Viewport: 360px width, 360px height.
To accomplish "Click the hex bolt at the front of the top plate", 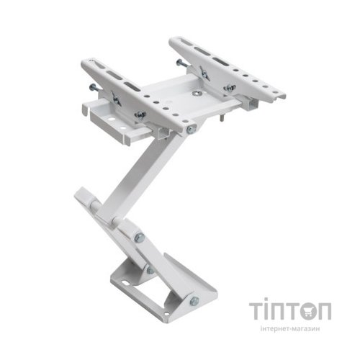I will point(191,130).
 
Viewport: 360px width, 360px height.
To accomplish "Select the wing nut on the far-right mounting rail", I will point(230,87).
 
